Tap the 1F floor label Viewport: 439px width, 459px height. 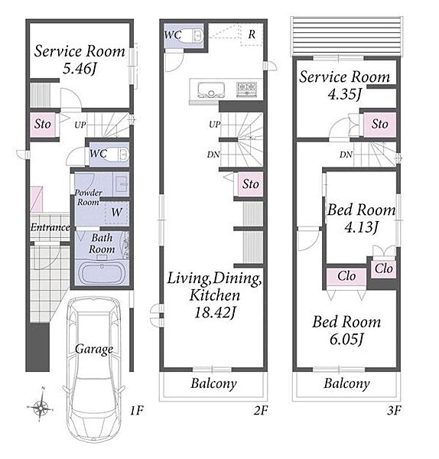pyautogui.click(x=137, y=410)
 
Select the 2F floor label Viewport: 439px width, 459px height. pyautogui.click(x=261, y=410)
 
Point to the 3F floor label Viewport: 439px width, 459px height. pyautogui.click(x=394, y=410)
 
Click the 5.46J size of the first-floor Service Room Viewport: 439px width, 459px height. pyautogui.click(x=80, y=69)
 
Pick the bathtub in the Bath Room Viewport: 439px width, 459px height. pyautogui.click(x=102, y=273)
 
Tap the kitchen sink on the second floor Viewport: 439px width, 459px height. pyautogui.click(x=211, y=90)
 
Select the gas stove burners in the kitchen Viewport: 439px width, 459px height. pyautogui.click(x=247, y=87)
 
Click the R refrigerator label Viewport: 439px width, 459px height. pyautogui.click(x=252, y=34)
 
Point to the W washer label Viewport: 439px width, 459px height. pyautogui.click(x=116, y=212)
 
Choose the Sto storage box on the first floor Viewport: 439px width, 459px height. pyautogui.click(x=43, y=125)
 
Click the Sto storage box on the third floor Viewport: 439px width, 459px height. pyautogui.click(x=379, y=124)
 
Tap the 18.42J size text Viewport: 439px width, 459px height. pyautogui.click(x=214, y=313)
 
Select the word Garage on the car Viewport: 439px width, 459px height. pyautogui.click(x=94, y=350)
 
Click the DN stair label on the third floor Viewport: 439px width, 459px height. pyautogui.click(x=346, y=155)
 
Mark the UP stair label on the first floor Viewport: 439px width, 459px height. pyautogui.click(x=80, y=125)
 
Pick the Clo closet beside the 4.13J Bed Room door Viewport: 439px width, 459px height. pyautogui.click(x=384, y=269)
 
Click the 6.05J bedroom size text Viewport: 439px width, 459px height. pyautogui.click(x=346, y=340)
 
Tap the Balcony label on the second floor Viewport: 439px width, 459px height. pyautogui.click(x=213, y=383)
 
